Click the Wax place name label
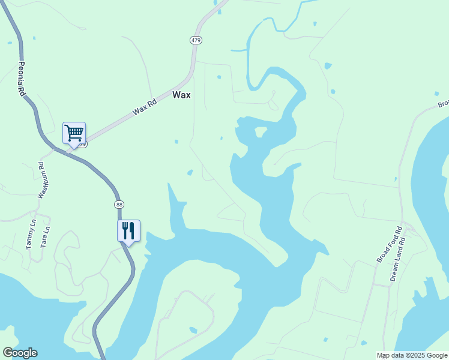(x=181, y=95)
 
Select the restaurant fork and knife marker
(x=128, y=230)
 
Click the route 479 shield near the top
(x=196, y=40)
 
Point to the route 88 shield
(x=119, y=205)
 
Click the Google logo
(x=20, y=353)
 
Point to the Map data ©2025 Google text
(x=412, y=355)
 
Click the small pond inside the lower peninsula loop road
(x=192, y=330)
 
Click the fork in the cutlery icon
(x=125, y=230)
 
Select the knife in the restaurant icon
(x=131, y=230)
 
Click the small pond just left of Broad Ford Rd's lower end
(x=364, y=344)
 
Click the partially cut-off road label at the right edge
(x=444, y=103)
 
